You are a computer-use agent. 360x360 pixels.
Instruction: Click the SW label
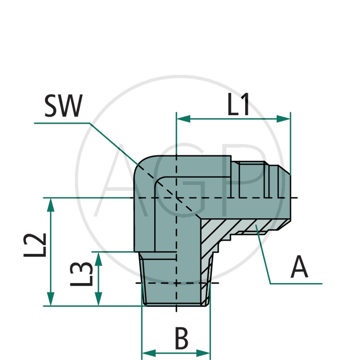[63, 107]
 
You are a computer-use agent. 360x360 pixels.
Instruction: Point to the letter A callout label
[300, 267]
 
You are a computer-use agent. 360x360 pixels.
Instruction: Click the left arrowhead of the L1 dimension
[183, 119]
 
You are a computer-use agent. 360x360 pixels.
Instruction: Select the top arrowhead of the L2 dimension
[51, 205]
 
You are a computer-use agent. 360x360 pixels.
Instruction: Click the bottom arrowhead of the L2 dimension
[51, 299]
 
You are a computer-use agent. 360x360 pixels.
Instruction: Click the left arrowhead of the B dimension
[148, 353]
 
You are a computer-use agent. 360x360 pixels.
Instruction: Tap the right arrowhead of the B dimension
[203, 353]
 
